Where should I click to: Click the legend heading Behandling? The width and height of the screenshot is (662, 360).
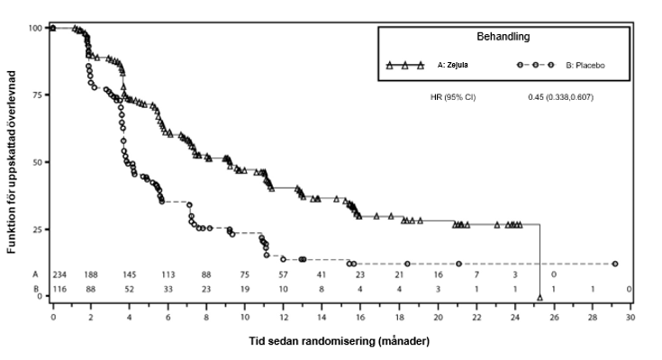pos(503,38)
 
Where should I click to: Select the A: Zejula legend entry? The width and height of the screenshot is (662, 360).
pos(452,66)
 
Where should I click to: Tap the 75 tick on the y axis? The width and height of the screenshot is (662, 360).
pos(36,95)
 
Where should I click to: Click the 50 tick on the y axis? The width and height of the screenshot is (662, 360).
pos(36,163)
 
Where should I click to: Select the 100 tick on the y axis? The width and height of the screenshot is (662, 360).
pos(34,28)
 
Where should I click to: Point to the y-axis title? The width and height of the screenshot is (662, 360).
pos(13,162)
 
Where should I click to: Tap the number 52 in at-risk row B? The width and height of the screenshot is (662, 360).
pos(130,289)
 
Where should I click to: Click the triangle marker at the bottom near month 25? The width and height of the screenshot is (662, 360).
pos(540,296)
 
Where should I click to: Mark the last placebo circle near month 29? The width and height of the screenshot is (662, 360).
pos(615,264)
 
